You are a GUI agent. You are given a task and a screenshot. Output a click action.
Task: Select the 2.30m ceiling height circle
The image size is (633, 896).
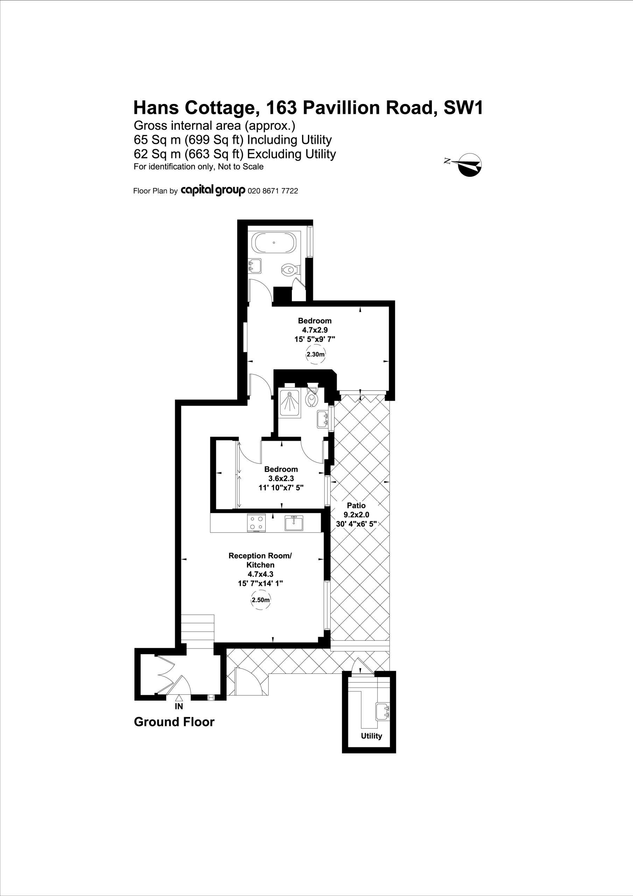(315, 354)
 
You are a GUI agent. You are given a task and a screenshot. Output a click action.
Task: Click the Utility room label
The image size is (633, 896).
(371, 736)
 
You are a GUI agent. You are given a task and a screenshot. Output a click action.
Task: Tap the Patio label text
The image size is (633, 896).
(356, 505)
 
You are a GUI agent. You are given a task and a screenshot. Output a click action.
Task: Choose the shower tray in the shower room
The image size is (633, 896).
(290, 403)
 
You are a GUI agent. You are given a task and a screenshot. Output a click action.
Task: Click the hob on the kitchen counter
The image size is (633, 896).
(257, 523)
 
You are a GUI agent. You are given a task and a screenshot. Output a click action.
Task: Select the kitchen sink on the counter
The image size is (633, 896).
(294, 523)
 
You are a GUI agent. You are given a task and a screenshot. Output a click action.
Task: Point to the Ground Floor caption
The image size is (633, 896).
(174, 722)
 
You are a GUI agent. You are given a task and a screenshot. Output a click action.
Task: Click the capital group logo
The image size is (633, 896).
(213, 190)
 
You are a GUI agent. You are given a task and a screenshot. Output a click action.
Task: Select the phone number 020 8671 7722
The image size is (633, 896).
(273, 191)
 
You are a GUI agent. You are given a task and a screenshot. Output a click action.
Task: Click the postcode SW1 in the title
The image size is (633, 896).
(464, 108)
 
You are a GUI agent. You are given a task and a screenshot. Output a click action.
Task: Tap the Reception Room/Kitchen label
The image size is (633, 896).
(260, 560)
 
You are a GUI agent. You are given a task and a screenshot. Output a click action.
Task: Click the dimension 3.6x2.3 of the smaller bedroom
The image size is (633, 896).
(281, 478)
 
